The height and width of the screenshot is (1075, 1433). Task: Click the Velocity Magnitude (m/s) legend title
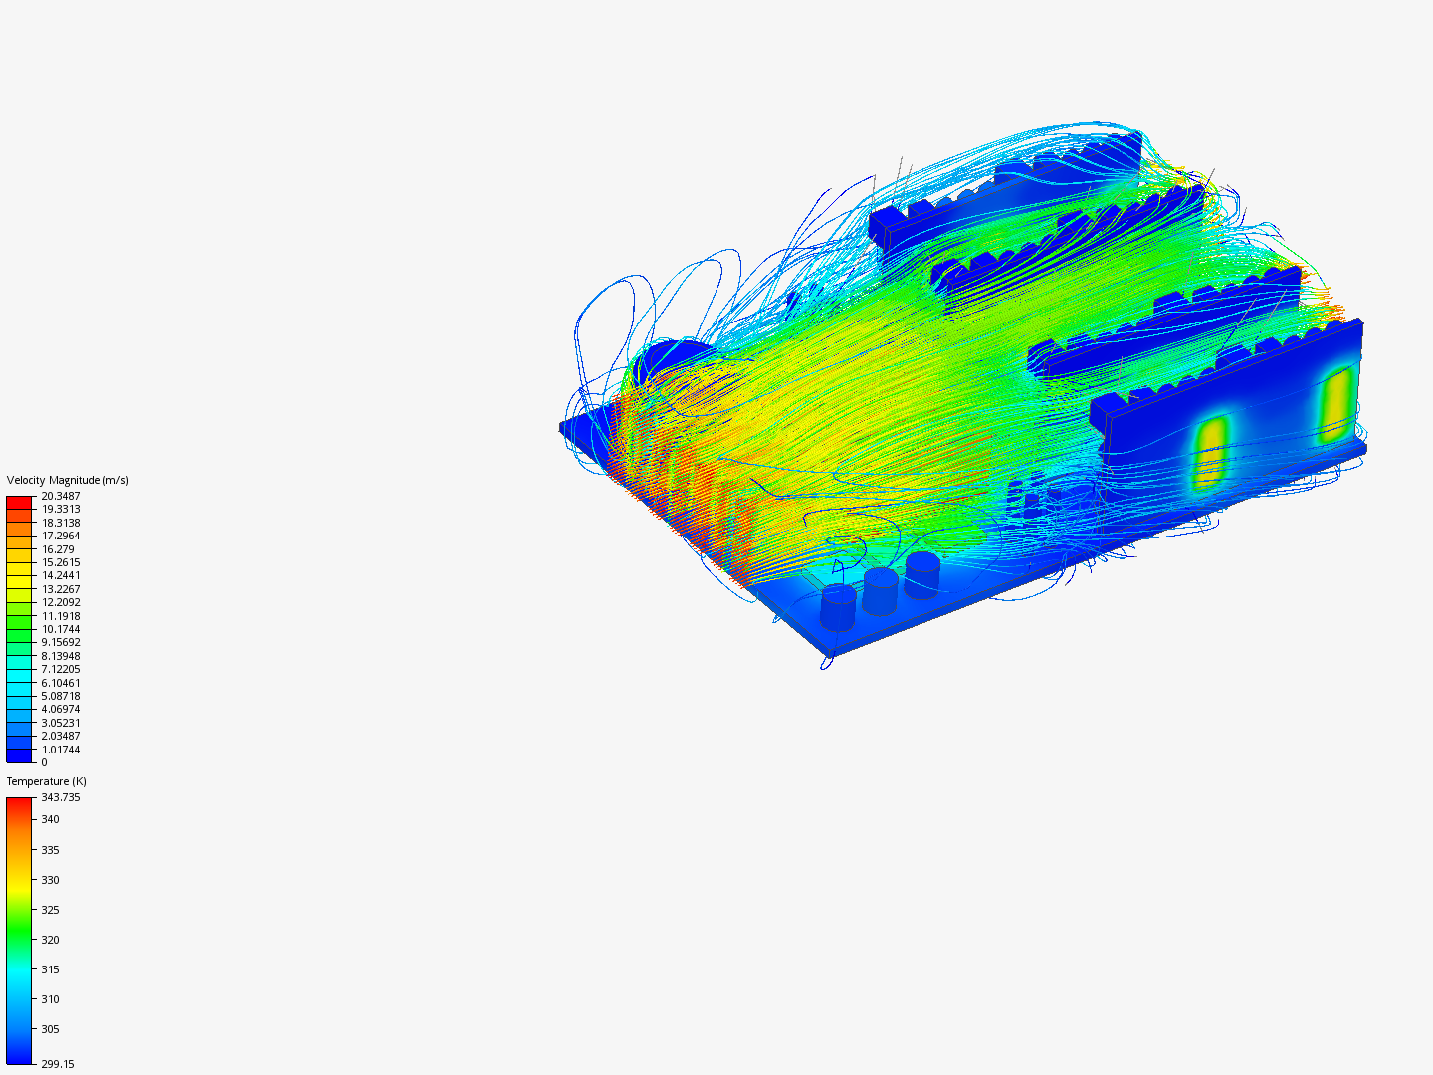pyautogui.click(x=68, y=480)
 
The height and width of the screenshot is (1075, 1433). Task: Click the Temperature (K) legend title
pyautogui.click(x=46, y=781)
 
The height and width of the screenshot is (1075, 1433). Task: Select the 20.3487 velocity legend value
pyautogui.click(x=60, y=496)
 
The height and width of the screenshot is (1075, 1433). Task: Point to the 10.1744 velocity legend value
pyautogui.click(x=60, y=629)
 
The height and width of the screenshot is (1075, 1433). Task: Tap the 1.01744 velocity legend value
pyautogui.click(x=60, y=750)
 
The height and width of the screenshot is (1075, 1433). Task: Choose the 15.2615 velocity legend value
pyautogui.click(x=60, y=562)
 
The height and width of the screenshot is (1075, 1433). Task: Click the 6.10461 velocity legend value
pyautogui.click(x=60, y=683)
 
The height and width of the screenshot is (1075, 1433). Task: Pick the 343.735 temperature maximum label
pyautogui.click(x=60, y=797)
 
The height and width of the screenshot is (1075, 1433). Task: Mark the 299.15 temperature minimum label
pyautogui.click(x=57, y=1064)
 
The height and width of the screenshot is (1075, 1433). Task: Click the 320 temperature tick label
pyautogui.click(x=50, y=940)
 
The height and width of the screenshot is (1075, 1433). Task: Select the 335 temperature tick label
pyautogui.click(x=50, y=850)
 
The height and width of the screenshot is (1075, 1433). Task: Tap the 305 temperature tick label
pyautogui.click(x=50, y=1029)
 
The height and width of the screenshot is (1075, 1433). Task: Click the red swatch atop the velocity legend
pyautogui.click(x=19, y=502)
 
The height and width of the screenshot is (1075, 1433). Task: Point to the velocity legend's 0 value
pyautogui.click(x=44, y=762)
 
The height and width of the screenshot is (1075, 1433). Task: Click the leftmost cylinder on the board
pyautogui.click(x=838, y=607)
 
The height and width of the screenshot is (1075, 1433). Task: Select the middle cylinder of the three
pyautogui.click(x=881, y=590)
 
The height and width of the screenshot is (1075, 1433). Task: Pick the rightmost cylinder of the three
pyautogui.click(x=922, y=575)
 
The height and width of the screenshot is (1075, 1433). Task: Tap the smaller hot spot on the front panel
pyautogui.click(x=1210, y=453)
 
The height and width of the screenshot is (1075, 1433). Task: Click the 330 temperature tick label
pyautogui.click(x=50, y=880)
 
